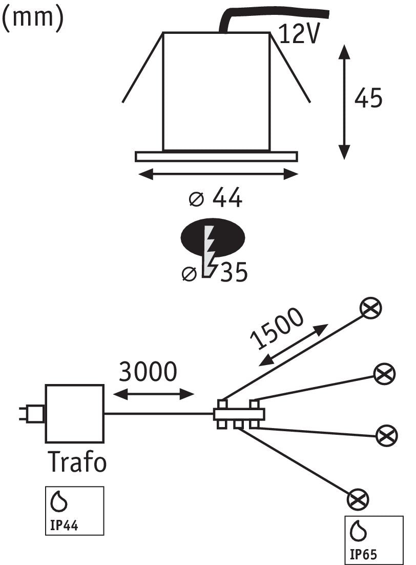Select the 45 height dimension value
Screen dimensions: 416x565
[x=368, y=98]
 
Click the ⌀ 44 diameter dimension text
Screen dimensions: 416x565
[x=216, y=198]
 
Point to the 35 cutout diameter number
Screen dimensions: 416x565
[x=234, y=272]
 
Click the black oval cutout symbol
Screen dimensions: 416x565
[x=213, y=237]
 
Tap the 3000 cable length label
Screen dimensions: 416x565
[x=148, y=372]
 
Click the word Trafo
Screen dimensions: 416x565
[x=77, y=461]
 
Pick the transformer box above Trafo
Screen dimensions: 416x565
[x=75, y=413]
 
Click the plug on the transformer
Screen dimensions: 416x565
[x=32, y=414]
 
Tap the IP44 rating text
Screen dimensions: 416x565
[x=64, y=526]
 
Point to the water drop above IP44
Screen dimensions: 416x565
[x=59, y=501]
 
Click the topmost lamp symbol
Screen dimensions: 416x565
[x=370, y=308]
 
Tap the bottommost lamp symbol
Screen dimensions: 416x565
[x=358, y=499]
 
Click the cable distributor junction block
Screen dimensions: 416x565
[x=239, y=414]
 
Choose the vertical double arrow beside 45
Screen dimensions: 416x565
[x=344, y=102]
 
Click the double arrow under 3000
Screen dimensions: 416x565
[x=154, y=394]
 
